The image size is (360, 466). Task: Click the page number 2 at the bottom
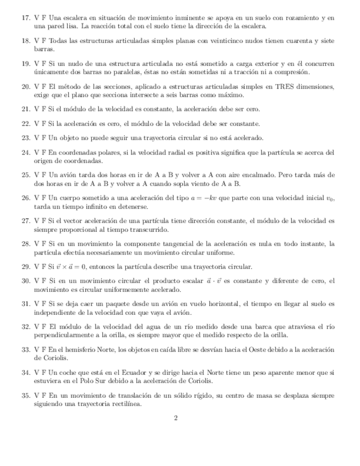(176, 418)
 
